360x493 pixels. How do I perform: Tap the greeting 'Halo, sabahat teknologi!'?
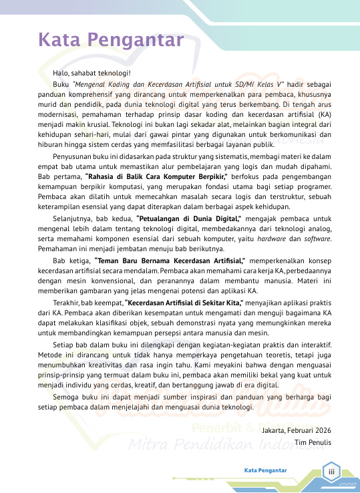(92, 72)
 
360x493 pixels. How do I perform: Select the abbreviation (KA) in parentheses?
(325, 114)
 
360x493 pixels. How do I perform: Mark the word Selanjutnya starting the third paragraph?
(73, 217)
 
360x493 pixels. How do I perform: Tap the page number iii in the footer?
(329, 471)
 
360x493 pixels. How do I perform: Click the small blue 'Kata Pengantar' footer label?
(265, 470)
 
